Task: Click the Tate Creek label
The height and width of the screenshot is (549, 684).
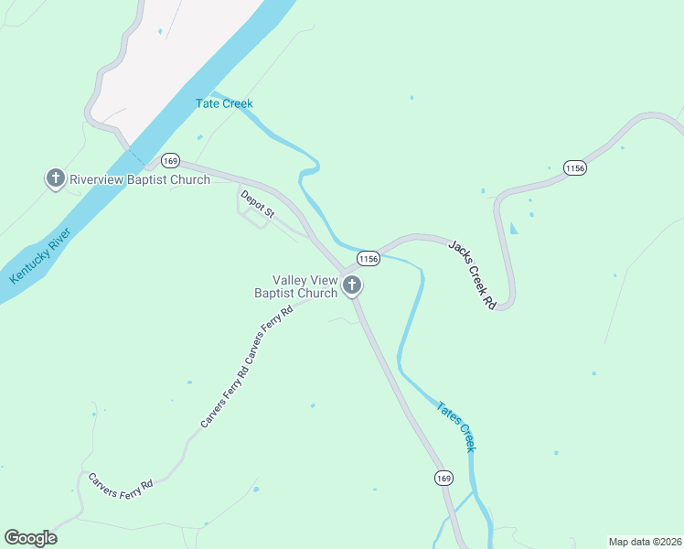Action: (x=224, y=103)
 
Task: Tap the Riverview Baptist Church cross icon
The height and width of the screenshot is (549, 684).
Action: (x=56, y=178)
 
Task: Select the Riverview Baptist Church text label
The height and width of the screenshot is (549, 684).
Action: (x=140, y=179)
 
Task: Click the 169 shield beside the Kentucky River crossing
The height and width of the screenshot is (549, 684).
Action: (x=170, y=160)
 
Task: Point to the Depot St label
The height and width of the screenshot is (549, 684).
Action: (x=257, y=203)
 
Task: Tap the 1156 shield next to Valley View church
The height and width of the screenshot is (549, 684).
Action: (x=368, y=258)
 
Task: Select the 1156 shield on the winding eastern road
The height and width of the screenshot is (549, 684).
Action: (x=574, y=168)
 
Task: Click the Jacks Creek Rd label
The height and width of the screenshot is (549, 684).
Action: (x=472, y=274)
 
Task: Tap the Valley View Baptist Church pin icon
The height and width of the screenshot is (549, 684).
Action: (x=352, y=286)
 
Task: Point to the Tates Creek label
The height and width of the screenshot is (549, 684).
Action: (x=456, y=425)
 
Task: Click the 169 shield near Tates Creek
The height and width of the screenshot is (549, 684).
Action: (x=444, y=478)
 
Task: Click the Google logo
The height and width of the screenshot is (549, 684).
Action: (x=30, y=538)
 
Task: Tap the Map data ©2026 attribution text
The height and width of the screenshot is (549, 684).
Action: (x=644, y=542)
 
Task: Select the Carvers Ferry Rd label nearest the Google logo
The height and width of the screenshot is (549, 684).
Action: (x=120, y=481)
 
